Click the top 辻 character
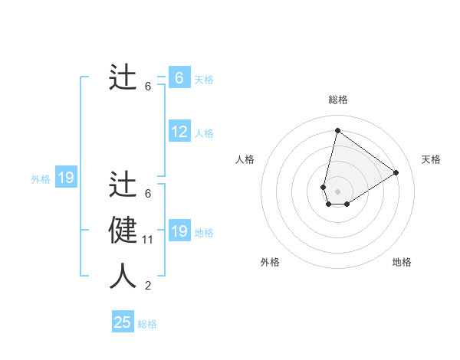tap(123, 77)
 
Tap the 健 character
tap(123, 230)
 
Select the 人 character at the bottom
tap(123, 276)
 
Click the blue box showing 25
tap(123, 322)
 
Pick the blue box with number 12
tap(179, 132)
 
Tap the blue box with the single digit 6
tap(179, 77)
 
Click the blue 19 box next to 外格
tap(66, 178)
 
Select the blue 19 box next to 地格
tap(179, 231)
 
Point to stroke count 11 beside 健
tap(148, 240)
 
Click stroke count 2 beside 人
tap(148, 286)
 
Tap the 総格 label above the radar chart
tap(337, 100)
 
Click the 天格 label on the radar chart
tap(432, 159)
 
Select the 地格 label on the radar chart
tap(402, 262)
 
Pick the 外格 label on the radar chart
tap(270, 262)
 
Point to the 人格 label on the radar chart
tap(245, 159)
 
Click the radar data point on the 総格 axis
tap(337, 130)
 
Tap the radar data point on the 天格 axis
tap(396, 172)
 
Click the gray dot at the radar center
tap(337, 191)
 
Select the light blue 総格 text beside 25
tap(147, 324)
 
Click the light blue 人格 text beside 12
tap(204, 133)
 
